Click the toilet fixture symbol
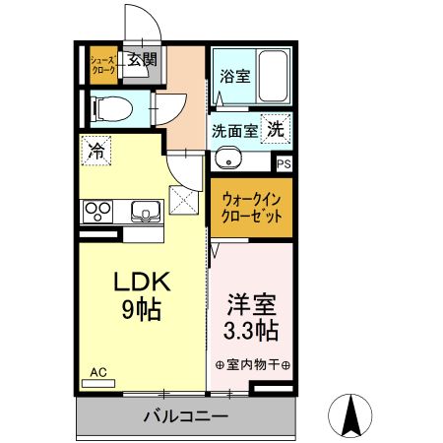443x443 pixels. (x=112, y=109)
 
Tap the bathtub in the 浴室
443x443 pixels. (x=273, y=76)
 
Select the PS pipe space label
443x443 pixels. (x=284, y=163)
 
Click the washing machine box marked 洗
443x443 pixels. (x=276, y=129)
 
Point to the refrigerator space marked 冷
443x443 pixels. (x=96, y=151)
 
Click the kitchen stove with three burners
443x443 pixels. (x=97, y=212)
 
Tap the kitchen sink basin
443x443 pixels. (x=146, y=211)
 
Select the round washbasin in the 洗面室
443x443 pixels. (x=228, y=158)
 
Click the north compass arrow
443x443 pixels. (x=350, y=415)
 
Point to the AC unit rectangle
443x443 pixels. (x=98, y=383)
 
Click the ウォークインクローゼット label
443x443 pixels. (x=251, y=208)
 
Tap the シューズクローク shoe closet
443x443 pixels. (x=103, y=65)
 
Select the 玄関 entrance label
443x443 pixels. (x=142, y=59)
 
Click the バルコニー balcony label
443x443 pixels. (x=186, y=416)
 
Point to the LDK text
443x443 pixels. (x=142, y=282)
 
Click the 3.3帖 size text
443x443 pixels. (x=251, y=330)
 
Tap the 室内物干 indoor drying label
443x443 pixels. (x=252, y=364)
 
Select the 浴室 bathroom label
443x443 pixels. (x=235, y=76)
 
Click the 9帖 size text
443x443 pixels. (x=142, y=309)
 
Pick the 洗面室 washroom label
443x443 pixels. (x=234, y=132)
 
